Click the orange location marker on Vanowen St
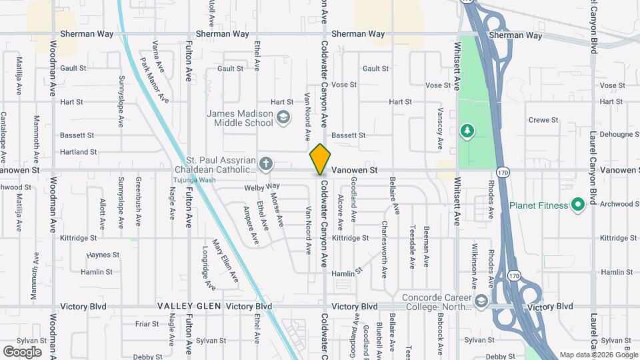pyautogui.click(x=320, y=160)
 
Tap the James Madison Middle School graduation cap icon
pyautogui.click(x=283, y=119)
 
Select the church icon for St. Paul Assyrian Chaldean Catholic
pyautogui.click(x=265, y=163)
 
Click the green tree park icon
pyautogui.click(x=467, y=129)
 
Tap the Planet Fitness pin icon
pyautogui.click(x=578, y=205)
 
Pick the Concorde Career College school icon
pyautogui.click(x=481, y=302)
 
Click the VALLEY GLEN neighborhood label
pyautogui.click(x=188, y=306)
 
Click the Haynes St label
pyautogui.click(x=103, y=255)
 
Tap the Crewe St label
pyautogui.click(x=543, y=120)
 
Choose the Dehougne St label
pyautogui.click(x=619, y=134)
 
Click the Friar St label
pyautogui.click(x=147, y=324)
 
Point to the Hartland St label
pyautogui.click(x=79, y=152)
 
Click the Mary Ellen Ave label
pyautogui.click(x=225, y=260)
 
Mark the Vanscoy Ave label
pyautogui.click(x=440, y=129)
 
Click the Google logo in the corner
pyautogui.click(x=22, y=351)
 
